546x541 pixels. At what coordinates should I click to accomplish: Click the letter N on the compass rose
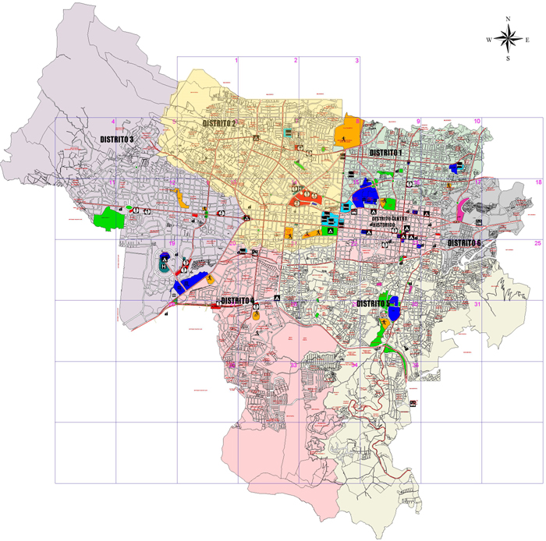click(x=508, y=18)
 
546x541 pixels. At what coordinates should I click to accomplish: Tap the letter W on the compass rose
click(x=489, y=39)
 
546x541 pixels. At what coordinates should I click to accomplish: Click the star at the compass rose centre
click(x=508, y=38)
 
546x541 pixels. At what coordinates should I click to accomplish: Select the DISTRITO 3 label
click(x=117, y=139)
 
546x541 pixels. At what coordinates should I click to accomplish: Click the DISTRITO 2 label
click(x=218, y=123)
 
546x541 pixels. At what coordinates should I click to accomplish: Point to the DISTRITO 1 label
click(x=385, y=153)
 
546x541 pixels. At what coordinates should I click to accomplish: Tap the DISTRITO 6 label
click(x=465, y=243)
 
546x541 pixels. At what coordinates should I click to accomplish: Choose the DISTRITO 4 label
click(x=237, y=300)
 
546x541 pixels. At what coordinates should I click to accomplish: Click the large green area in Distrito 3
click(x=108, y=218)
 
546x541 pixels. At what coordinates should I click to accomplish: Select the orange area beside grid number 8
click(x=346, y=133)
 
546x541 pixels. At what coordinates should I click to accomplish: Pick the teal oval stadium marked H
click(x=163, y=265)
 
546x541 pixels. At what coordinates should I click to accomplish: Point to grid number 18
click(x=537, y=182)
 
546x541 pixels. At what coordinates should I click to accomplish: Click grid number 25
click(x=537, y=244)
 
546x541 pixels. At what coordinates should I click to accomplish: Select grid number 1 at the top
click(x=235, y=61)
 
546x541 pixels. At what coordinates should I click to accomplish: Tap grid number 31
click(x=477, y=304)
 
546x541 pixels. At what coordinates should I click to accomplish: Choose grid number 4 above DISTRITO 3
click(x=113, y=122)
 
